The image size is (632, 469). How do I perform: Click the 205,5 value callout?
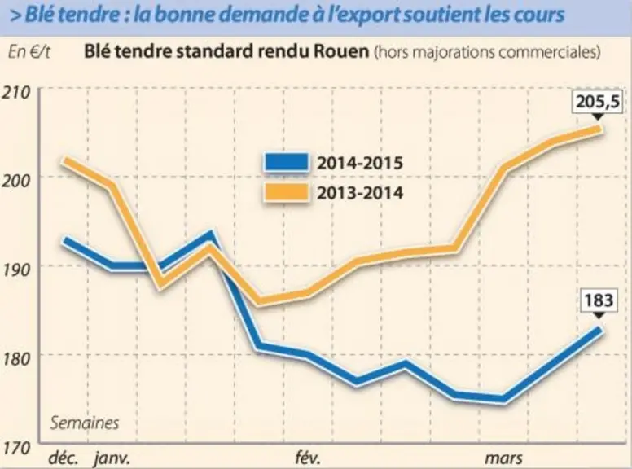click(x=597, y=103)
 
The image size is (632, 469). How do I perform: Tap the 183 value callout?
click(x=599, y=301)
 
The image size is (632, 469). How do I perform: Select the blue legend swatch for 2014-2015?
click(x=287, y=162)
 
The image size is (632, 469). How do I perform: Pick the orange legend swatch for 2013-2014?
click(x=287, y=192)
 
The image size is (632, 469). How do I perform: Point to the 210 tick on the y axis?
click(x=17, y=93)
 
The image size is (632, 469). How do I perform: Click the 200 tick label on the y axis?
click(x=17, y=181)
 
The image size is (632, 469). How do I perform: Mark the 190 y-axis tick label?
click(x=17, y=270)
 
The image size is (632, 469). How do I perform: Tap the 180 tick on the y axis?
click(x=17, y=357)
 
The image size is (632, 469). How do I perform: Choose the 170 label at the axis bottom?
click(x=17, y=447)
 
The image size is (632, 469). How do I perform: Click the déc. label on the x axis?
click(x=63, y=458)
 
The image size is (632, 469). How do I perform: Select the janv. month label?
click(x=112, y=459)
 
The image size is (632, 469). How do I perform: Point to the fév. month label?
click(x=308, y=458)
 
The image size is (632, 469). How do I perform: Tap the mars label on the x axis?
click(x=503, y=458)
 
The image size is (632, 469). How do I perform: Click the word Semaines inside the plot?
click(x=85, y=423)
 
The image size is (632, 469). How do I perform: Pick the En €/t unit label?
click(x=29, y=52)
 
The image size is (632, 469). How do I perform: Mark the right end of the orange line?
click(x=599, y=129)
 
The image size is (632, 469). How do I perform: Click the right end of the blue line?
click(x=599, y=330)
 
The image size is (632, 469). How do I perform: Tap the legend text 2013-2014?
click(x=359, y=193)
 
